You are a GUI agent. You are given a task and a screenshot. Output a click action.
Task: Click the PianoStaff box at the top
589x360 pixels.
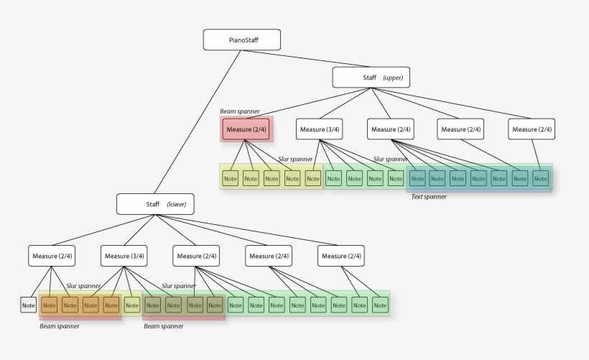tap(241, 40)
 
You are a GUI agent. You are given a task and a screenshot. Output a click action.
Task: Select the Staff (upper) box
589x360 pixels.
tap(371, 77)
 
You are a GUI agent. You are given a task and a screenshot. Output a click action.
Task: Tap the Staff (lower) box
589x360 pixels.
tap(155, 204)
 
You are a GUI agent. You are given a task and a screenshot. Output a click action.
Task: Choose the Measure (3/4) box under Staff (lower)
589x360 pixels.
tap(125, 256)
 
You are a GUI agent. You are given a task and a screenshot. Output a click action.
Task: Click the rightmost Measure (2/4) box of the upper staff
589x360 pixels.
tap(532, 129)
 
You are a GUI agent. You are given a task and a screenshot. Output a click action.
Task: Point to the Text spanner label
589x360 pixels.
tap(428, 196)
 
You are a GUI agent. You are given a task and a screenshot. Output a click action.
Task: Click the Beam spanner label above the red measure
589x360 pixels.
tap(240, 111)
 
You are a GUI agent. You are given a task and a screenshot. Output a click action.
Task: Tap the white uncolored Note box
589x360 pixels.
tap(28, 305)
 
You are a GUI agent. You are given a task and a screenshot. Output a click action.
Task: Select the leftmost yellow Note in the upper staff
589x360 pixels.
tap(230, 178)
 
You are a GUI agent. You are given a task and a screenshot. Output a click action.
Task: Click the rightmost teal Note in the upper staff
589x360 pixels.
tap(540, 178)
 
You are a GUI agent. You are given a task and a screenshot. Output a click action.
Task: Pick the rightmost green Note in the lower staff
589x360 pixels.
tap(380, 305)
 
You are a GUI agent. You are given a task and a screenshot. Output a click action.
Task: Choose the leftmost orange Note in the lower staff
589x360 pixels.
tap(49, 305)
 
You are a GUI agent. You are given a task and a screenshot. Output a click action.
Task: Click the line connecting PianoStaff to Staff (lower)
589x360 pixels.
tap(198, 122)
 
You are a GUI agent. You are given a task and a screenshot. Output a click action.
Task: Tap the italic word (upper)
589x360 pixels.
tap(393, 78)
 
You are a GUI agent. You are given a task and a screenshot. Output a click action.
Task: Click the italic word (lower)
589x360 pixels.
tap(177, 205)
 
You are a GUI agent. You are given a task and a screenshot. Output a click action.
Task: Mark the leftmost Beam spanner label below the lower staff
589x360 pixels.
tap(59, 326)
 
